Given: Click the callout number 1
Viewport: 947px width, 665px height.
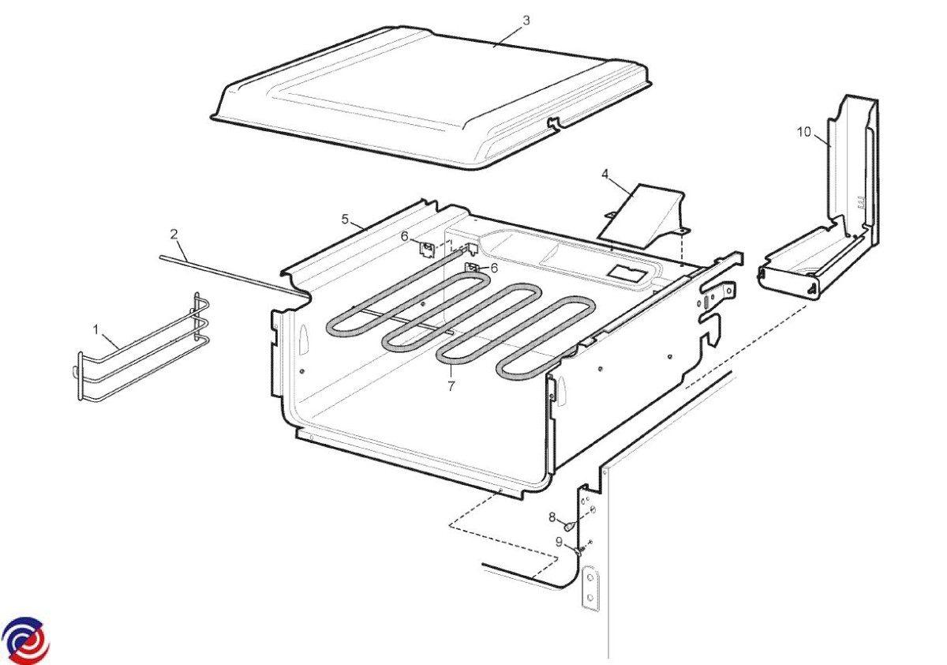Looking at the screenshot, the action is click(95, 329).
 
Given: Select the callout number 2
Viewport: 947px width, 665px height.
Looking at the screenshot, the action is click(174, 234).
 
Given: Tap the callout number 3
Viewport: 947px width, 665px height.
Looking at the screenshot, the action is click(526, 21).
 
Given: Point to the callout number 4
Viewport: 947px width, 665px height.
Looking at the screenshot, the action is click(605, 174).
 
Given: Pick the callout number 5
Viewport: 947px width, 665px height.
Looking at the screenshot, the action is click(345, 219).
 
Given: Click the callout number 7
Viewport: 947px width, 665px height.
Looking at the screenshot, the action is click(451, 385).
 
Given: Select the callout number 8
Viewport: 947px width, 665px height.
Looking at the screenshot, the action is click(552, 517).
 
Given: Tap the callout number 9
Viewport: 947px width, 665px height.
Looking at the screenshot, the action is click(559, 542).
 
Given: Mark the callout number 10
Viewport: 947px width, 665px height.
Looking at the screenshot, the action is click(803, 132).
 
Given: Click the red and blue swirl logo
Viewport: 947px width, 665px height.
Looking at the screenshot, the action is click(25, 640).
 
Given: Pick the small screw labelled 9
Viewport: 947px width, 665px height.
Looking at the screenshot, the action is click(579, 550).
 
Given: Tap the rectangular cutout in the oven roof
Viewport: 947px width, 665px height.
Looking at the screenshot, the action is click(628, 273).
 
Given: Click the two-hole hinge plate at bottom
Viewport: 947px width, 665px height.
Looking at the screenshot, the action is click(590, 588).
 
